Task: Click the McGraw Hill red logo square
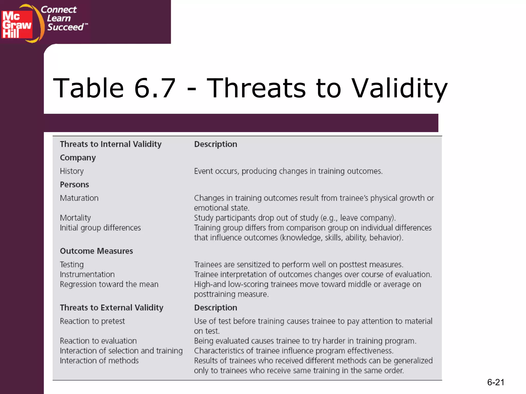click(x=17, y=25)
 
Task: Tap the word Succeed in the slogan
click(x=65, y=27)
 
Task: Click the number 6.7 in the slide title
click(x=155, y=88)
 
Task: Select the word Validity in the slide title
click(x=399, y=88)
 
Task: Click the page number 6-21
click(x=495, y=382)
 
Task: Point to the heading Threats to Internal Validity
click(x=111, y=144)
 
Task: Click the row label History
click(x=72, y=171)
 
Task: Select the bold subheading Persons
click(x=74, y=185)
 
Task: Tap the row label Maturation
click(x=79, y=198)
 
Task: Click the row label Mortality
click(x=75, y=218)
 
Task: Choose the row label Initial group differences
click(x=100, y=228)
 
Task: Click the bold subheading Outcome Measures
click(x=96, y=251)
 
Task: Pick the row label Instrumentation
click(x=87, y=274)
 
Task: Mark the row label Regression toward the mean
click(x=109, y=284)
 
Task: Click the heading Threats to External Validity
click(x=111, y=308)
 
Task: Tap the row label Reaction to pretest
click(x=92, y=321)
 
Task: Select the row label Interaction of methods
click(x=99, y=361)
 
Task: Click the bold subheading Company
click(x=78, y=158)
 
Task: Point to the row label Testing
click(x=72, y=264)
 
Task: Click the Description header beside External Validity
click(x=215, y=308)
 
